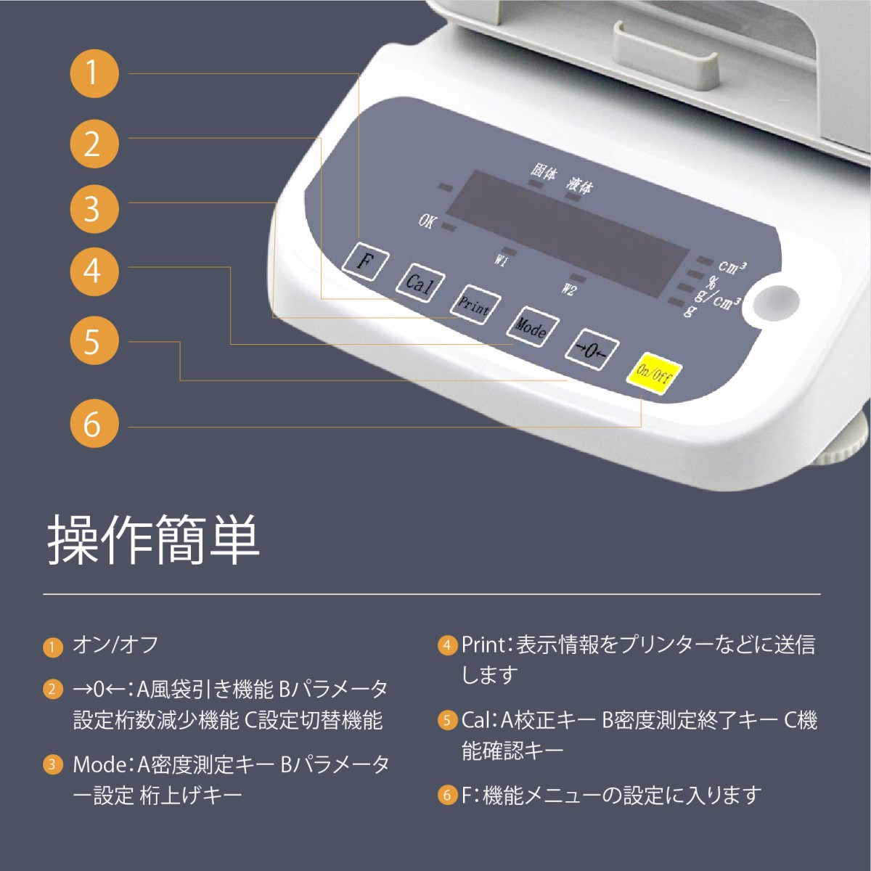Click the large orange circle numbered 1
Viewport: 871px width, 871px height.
tap(94, 74)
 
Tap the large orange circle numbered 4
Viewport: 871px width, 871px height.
tap(94, 272)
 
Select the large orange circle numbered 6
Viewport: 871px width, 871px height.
tap(94, 423)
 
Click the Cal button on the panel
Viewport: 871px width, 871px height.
tap(420, 283)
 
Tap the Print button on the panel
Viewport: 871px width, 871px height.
tap(475, 304)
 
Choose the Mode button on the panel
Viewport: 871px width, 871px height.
tap(533, 327)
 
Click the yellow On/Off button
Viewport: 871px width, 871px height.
tap(653, 374)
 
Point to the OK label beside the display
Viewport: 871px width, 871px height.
tap(427, 221)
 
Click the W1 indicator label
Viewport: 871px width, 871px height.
tap(500, 261)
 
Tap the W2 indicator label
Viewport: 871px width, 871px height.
tap(568, 289)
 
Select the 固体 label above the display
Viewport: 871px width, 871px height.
tap(544, 173)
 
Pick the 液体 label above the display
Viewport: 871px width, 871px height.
tap(579, 184)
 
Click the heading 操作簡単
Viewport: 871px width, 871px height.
tap(154, 540)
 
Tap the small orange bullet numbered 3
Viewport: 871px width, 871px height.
tap(53, 764)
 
